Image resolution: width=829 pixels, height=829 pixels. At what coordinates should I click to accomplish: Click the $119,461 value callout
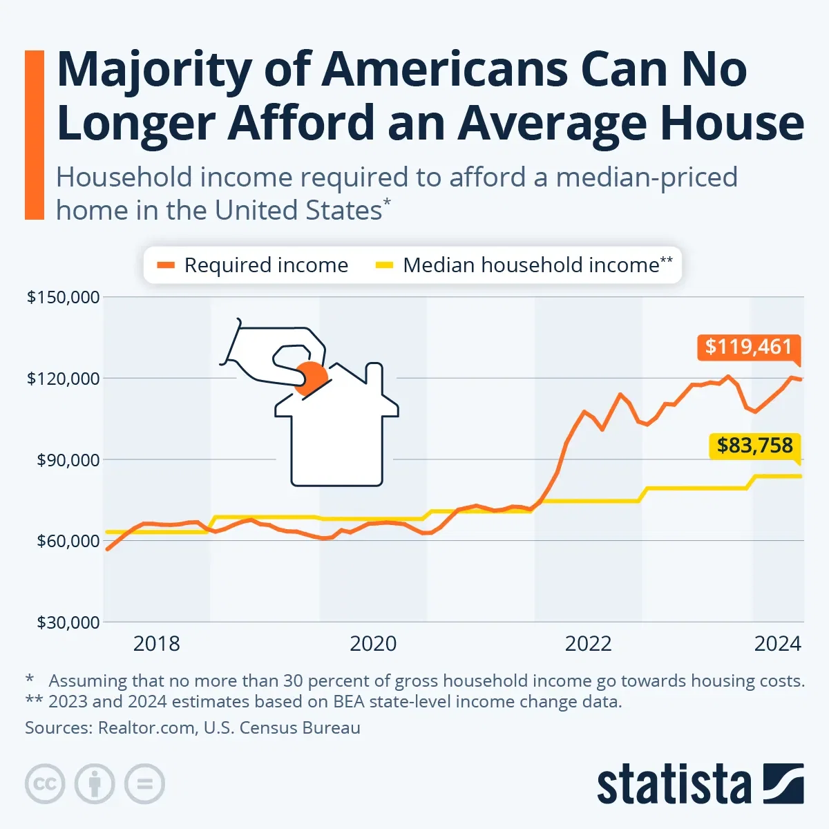(x=749, y=346)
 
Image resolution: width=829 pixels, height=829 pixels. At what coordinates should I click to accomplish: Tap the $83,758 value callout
(x=754, y=446)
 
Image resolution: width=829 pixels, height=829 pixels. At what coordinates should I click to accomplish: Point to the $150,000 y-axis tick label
(x=63, y=297)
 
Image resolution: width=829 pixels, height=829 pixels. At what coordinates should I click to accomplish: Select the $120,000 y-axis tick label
(x=63, y=379)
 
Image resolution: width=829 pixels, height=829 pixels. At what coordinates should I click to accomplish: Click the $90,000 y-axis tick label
(x=67, y=459)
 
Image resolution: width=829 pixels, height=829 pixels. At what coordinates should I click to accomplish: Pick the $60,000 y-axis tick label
(x=67, y=541)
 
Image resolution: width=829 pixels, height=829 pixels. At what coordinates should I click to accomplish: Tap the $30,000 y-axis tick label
(x=67, y=622)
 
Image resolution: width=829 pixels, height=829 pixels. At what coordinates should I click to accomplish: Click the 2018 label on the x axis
(x=156, y=644)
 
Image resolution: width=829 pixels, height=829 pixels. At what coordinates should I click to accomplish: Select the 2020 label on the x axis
(x=373, y=644)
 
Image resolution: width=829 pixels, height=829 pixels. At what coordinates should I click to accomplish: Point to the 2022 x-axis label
(x=588, y=644)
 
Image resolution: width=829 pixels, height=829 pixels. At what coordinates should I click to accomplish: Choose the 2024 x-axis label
(x=777, y=644)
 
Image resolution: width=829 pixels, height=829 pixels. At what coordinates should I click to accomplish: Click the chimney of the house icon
(x=374, y=376)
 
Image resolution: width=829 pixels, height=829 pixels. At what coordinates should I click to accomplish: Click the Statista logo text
(x=674, y=785)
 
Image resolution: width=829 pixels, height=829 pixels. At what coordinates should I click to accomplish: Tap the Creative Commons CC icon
(x=45, y=784)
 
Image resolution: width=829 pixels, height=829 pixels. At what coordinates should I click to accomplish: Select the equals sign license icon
(x=144, y=784)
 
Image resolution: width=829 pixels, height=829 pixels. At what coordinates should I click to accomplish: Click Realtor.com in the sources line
(x=146, y=727)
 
